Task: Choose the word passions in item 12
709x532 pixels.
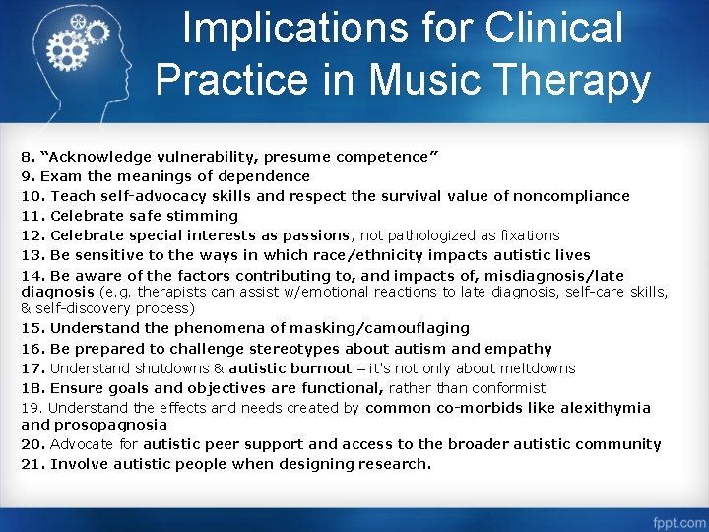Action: tap(317, 235)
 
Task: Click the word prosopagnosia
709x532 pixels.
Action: tap(110, 425)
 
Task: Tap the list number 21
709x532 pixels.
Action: tap(32, 464)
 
